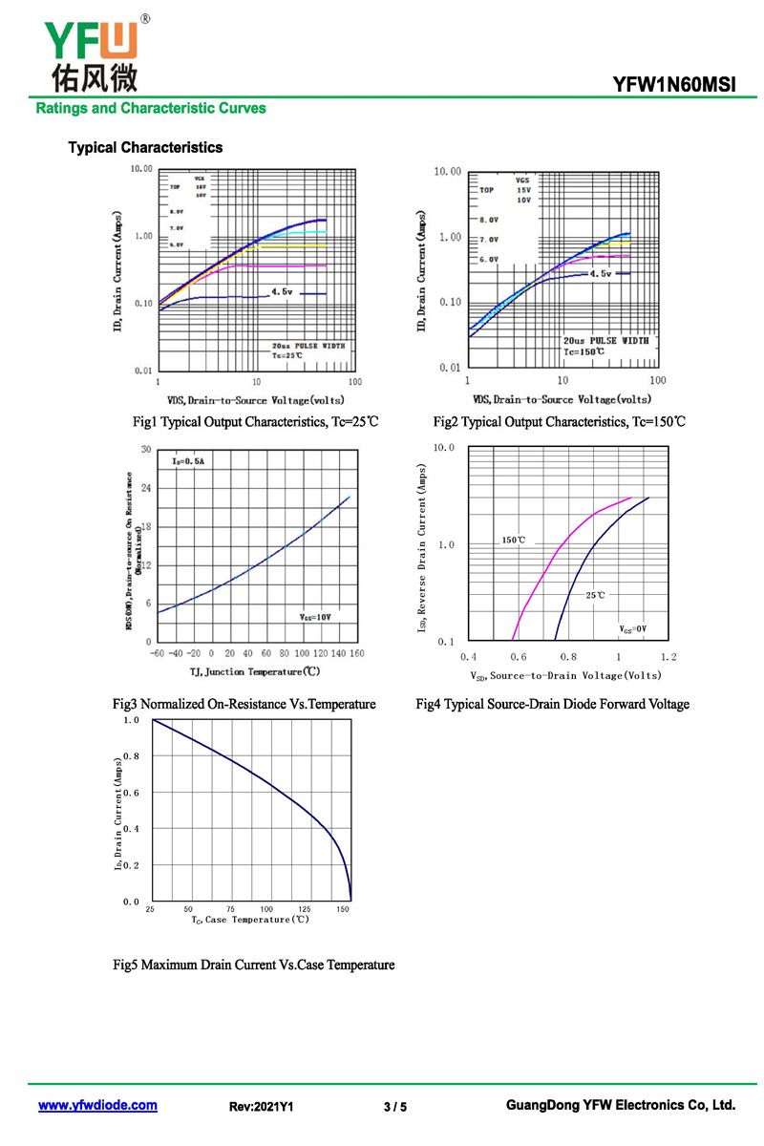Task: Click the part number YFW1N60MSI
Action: click(673, 85)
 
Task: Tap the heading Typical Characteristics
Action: click(145, 147)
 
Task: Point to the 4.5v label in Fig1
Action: click(283, 290)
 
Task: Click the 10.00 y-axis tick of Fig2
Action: click(447, 172)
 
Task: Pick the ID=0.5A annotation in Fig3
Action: click(188, 461)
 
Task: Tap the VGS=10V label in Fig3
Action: click(315, 618)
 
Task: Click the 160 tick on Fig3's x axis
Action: click(355, 654)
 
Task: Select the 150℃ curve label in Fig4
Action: click(514, 541)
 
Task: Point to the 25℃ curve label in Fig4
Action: click(595, 595)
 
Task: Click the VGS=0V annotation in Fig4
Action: click(632, 629)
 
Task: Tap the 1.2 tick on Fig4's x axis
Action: click(668, 657)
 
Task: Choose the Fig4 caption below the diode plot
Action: click(552, 704)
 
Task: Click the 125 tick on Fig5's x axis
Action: click(305, 909)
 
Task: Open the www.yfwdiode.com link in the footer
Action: click(97, 1105)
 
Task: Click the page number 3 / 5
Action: click(394, 1107)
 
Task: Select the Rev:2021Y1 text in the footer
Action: click(262, 1107)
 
